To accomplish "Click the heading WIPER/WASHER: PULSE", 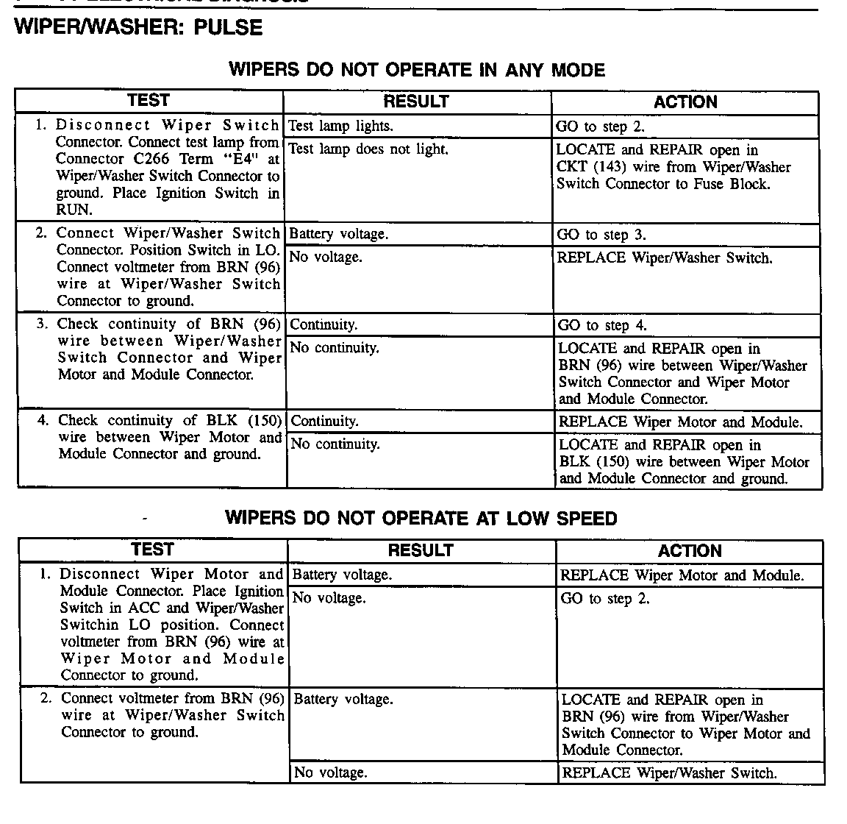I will coord(138,28).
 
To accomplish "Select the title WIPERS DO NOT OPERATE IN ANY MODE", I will coord(417,70).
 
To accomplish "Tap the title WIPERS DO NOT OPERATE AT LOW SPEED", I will coord(421,518).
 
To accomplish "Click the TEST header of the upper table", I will coord(149,101).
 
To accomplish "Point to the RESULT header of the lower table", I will coord(421,550).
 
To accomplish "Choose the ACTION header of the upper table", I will coord(685,102).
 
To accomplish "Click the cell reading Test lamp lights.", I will coord(340,127).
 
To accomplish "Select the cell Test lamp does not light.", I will coord(368,149).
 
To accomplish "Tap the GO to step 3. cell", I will coord(602,235).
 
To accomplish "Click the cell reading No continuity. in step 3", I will coord(335,348).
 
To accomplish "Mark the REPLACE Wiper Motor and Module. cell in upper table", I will coord(680,422).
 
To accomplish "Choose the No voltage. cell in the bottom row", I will coord(330,772).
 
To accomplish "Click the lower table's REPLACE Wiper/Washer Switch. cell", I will coord(669,773).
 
